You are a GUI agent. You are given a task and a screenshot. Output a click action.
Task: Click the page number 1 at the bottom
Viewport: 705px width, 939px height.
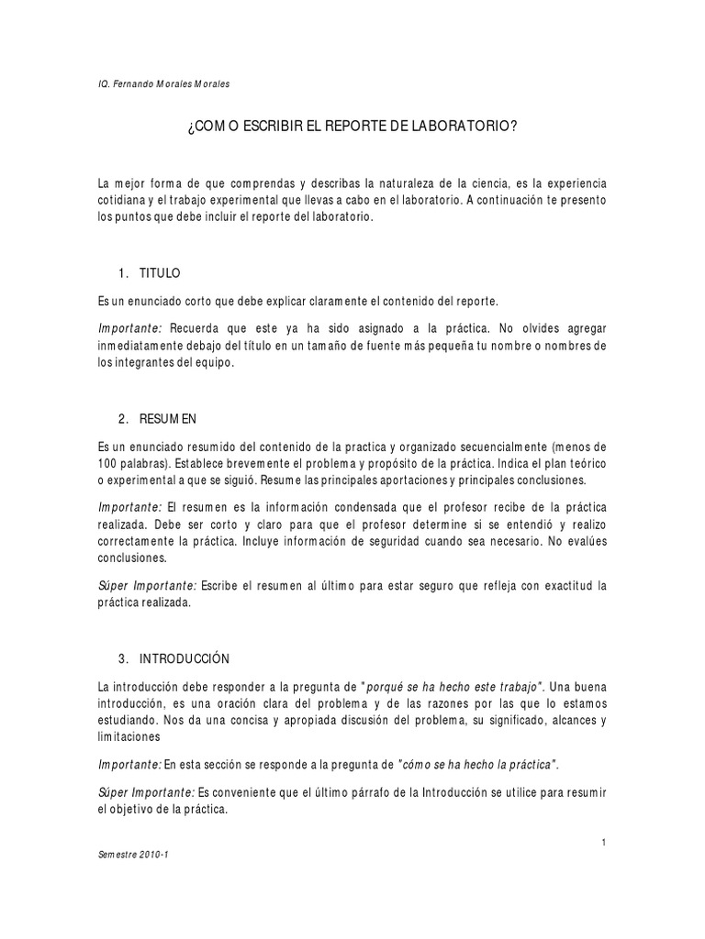point(603,841)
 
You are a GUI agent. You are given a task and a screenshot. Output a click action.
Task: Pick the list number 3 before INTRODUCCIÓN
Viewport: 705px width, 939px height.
point(123,658)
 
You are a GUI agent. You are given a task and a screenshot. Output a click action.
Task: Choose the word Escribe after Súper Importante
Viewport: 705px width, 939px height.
point(223,585)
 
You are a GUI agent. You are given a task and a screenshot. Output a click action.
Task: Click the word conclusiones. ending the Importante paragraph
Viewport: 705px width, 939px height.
point(133,557)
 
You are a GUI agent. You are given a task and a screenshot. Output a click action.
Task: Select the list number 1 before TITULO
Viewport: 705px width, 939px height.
point(123,273)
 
